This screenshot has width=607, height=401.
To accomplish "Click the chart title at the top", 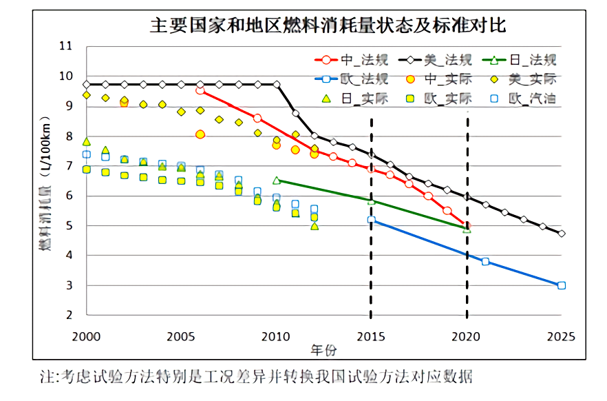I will (328, 26).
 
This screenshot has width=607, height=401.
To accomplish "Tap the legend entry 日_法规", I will (531, 60).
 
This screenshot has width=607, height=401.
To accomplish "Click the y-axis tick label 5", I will (68, 226).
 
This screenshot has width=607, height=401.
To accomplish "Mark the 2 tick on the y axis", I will (68, 316).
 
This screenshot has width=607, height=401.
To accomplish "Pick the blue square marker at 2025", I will (562, 285).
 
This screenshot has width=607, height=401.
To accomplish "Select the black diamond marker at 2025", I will (562, 234).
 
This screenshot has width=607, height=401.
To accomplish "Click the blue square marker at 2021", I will (485, 262).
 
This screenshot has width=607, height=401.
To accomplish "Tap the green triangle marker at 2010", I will (276, 181).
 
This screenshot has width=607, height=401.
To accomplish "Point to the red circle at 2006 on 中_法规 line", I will (200, 90).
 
